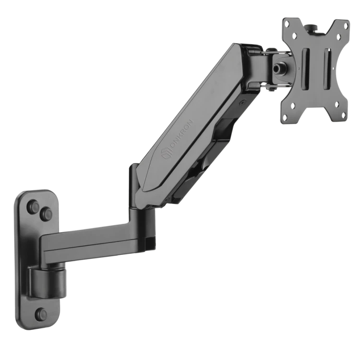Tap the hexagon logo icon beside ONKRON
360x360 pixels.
pyautogui.click(x=167, y=154)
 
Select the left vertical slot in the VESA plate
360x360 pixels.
pyautogui.click(x=306, y=69)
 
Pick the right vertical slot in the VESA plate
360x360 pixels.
pyautogui.click(x=327, y=69)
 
